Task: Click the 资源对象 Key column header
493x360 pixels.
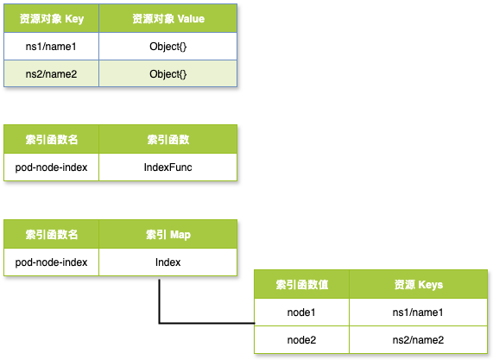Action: tap(52, 19)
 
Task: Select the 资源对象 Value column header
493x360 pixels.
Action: tap(168, 19)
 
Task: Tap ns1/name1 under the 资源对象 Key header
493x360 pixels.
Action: tap(51, 47)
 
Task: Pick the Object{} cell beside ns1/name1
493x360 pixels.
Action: tap(168, 47)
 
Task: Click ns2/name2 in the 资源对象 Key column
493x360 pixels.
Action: tap(51, 74)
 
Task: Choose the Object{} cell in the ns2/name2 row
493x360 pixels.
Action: tap(168, 74)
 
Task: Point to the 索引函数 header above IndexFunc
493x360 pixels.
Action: tap(168, 140)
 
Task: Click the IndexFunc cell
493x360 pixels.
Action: tap(167, 167)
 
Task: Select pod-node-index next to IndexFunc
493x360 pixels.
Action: tap(51, 167)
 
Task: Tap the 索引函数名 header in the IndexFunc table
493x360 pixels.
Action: tap(52, 140)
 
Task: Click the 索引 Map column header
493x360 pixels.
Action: tap(168, 235)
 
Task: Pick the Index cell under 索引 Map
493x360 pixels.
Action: tap(167, 262)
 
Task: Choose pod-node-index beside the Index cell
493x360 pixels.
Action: tap(51, 262)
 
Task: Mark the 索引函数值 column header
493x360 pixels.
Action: tap(302, 285)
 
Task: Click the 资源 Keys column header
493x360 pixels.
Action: tap(419, 285)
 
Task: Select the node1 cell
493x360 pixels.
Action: tap(301, 313)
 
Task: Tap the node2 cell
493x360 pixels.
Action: tap(301, 340)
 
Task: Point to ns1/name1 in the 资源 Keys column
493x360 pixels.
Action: tap(418, 313)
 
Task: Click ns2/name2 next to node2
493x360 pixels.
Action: tap(418, 340)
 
